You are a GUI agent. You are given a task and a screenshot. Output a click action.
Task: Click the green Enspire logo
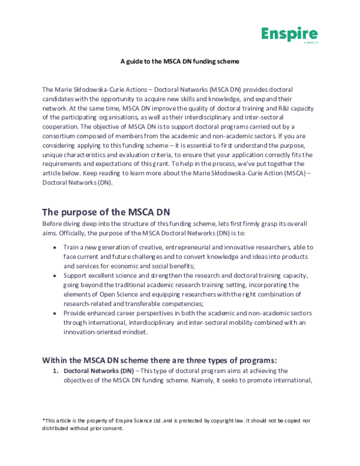[289, 35]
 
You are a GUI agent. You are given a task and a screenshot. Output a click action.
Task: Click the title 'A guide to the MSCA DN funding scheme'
[179, 61]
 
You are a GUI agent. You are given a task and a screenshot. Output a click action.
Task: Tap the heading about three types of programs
[159, 360]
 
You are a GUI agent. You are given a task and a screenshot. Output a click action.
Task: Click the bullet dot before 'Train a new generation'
[55, 247]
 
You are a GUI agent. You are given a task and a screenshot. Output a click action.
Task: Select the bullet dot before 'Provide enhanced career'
[55, 314]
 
